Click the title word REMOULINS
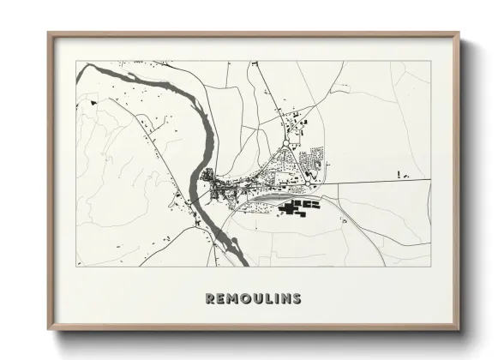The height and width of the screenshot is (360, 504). tap(253, 298)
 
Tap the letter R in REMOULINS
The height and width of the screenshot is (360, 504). tap(210, 298)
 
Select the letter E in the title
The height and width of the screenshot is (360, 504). tap(221, 298)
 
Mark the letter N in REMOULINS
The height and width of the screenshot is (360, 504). tap(283, 298)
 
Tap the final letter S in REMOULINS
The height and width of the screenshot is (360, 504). tap(296, 298)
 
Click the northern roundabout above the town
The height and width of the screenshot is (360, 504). tap(285, 143)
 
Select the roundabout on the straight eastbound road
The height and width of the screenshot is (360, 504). tap(308, 183)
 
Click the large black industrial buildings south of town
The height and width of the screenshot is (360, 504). tap(296, 207)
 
